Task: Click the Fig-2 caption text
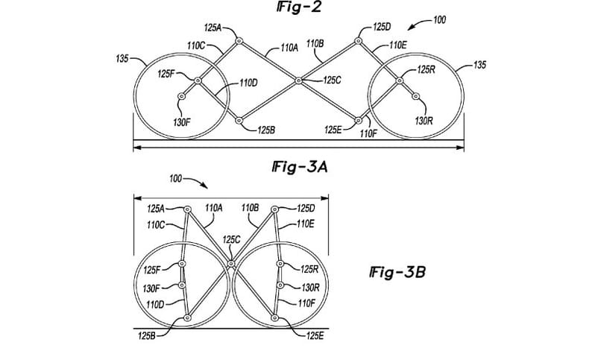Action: pos(298,7)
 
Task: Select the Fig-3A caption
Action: pos(299,167)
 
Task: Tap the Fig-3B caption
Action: pos(397,273)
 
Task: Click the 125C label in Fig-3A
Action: pos(332,80)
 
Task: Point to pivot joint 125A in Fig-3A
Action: pos(239,40)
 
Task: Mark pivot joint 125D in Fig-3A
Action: pos(358,40)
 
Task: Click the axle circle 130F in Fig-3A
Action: pos(181,96)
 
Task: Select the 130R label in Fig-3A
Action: pos(424,121)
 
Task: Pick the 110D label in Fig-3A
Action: pos(248,83)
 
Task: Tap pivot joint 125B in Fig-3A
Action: pos(239,121)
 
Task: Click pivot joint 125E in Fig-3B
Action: pos(274,318)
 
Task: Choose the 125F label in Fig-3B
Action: pos(152,270)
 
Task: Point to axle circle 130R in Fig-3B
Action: pos(280,285)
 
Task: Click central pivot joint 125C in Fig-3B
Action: pos(230,264)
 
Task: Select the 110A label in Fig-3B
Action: pos(214,208)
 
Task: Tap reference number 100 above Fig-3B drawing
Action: pos(176,179)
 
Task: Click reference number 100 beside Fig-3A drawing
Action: pos(439,19)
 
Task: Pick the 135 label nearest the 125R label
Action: pos(479,65)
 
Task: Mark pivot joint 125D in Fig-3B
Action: pos(274,209)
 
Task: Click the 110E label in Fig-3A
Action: pos(398,45)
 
